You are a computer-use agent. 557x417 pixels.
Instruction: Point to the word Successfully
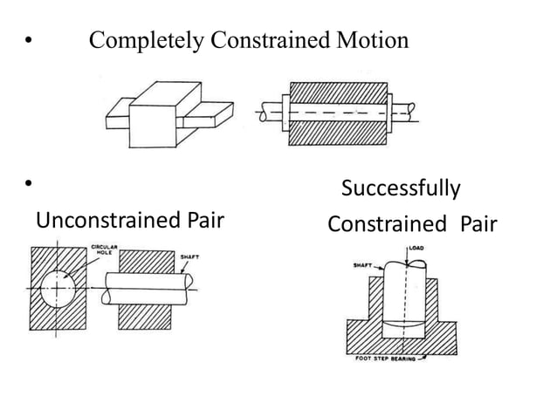(401, 188)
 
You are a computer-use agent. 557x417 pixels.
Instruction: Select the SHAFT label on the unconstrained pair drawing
(189, 257)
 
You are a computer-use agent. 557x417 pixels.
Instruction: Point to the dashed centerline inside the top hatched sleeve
(337, 113)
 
